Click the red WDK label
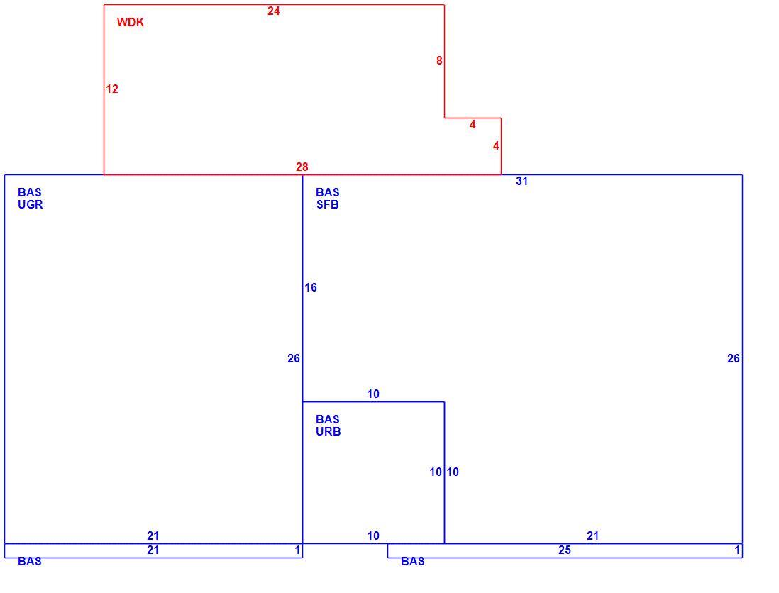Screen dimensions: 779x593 click(131, 23)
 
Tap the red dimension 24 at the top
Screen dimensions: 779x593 click(274, 11)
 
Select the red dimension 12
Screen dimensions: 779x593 click(112, 89)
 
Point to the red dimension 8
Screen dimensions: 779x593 click(439, 60)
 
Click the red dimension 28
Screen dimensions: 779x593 click(302, 167)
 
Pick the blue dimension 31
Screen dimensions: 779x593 click(521, 182)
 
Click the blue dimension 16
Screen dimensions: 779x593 click(311, 287)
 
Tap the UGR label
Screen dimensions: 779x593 click(31, 204)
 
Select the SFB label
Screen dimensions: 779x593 click(327, 204)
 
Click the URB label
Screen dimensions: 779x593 click(328, 431)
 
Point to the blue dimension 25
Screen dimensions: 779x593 click(565, 550)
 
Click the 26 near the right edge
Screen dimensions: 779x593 click(734, 359)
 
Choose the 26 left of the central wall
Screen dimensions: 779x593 click(294, 359)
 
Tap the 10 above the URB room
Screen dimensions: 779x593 click(373, 394)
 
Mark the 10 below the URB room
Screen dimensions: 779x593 click(373, 536)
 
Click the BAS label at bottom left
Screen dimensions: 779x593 click(30, 561)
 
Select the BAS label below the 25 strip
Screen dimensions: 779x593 click(413, 561)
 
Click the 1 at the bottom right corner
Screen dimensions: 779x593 click(737, 550)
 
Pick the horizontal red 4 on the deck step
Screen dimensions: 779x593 click(473, 125)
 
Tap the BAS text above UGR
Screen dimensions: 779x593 click(30, 192)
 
